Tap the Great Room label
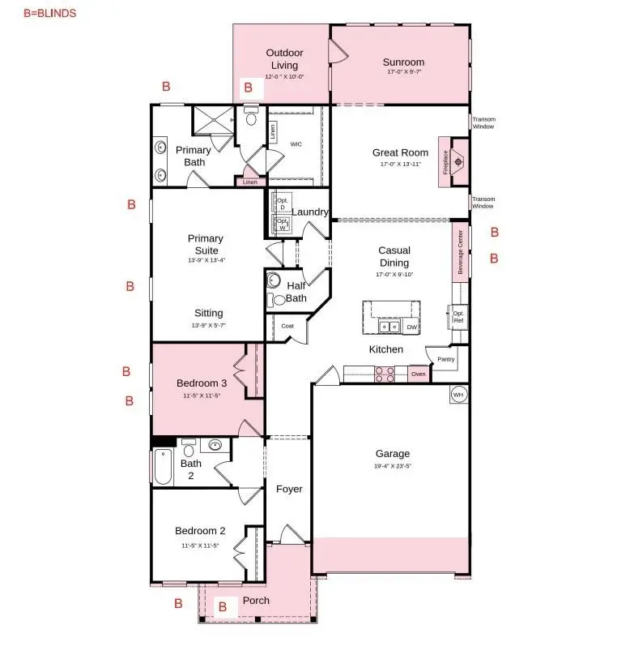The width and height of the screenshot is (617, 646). tap(400, 152)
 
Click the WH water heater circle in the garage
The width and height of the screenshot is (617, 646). tap(458, 395)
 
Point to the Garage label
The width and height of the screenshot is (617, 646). tap(392, 454)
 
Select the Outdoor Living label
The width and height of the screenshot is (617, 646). tap(284, 59)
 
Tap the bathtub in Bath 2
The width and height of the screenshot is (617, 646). tap(163, 467)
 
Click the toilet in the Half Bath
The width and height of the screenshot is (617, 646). tap(279, 299)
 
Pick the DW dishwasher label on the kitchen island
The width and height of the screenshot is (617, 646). tap(411, 327)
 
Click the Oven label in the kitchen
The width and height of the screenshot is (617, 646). tap(418, 374)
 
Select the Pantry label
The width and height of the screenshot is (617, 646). tap(445, 359)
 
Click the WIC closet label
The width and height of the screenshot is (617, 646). tap(296, 143)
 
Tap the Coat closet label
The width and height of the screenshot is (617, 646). tap(287, 326)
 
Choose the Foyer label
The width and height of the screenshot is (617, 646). tap(289, 489)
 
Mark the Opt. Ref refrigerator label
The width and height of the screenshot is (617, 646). tap(458, 317)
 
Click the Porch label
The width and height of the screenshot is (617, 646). tap(257, 601)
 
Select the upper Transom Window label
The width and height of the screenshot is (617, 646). tap(483, 122)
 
